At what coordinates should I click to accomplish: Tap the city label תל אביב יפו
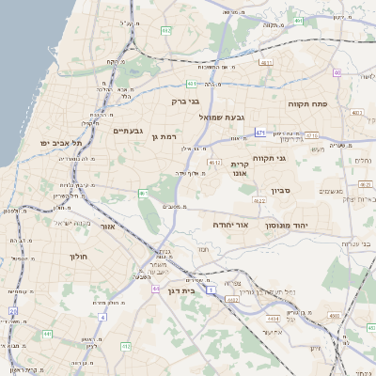pos(62,142)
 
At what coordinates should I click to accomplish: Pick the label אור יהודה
pos(229,226)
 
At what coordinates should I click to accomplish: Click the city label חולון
pos(77,256)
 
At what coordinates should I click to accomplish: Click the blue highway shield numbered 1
pos(211,289)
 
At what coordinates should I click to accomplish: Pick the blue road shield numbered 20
pos(13,311)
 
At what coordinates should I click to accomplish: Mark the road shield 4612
pos(215,163)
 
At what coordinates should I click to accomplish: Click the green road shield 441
pos(47,333)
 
